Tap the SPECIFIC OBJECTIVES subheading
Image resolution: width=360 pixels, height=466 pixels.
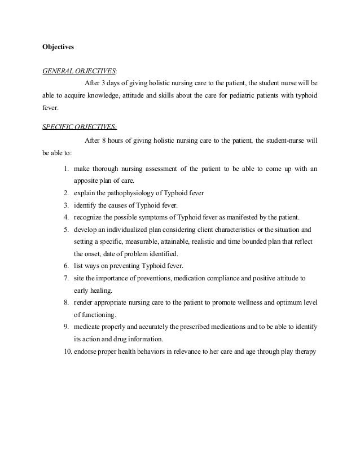pyautogui.click(x=80, y=127)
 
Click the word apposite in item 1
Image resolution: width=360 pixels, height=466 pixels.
pyautogui.click(x=86, y=181)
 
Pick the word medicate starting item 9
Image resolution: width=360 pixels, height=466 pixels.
pyautogui.click(x=86, y=328)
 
